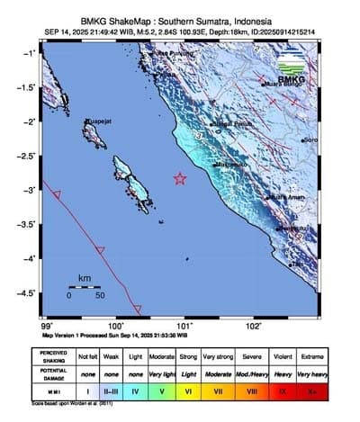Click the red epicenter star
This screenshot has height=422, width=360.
(x=180, y=178)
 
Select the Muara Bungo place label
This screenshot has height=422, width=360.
(x=282, y=86)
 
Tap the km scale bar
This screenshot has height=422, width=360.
(x=85, y=287)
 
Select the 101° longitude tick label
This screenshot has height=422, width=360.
(x=184, y=326)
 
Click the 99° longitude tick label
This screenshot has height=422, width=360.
(x=47, y=326)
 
